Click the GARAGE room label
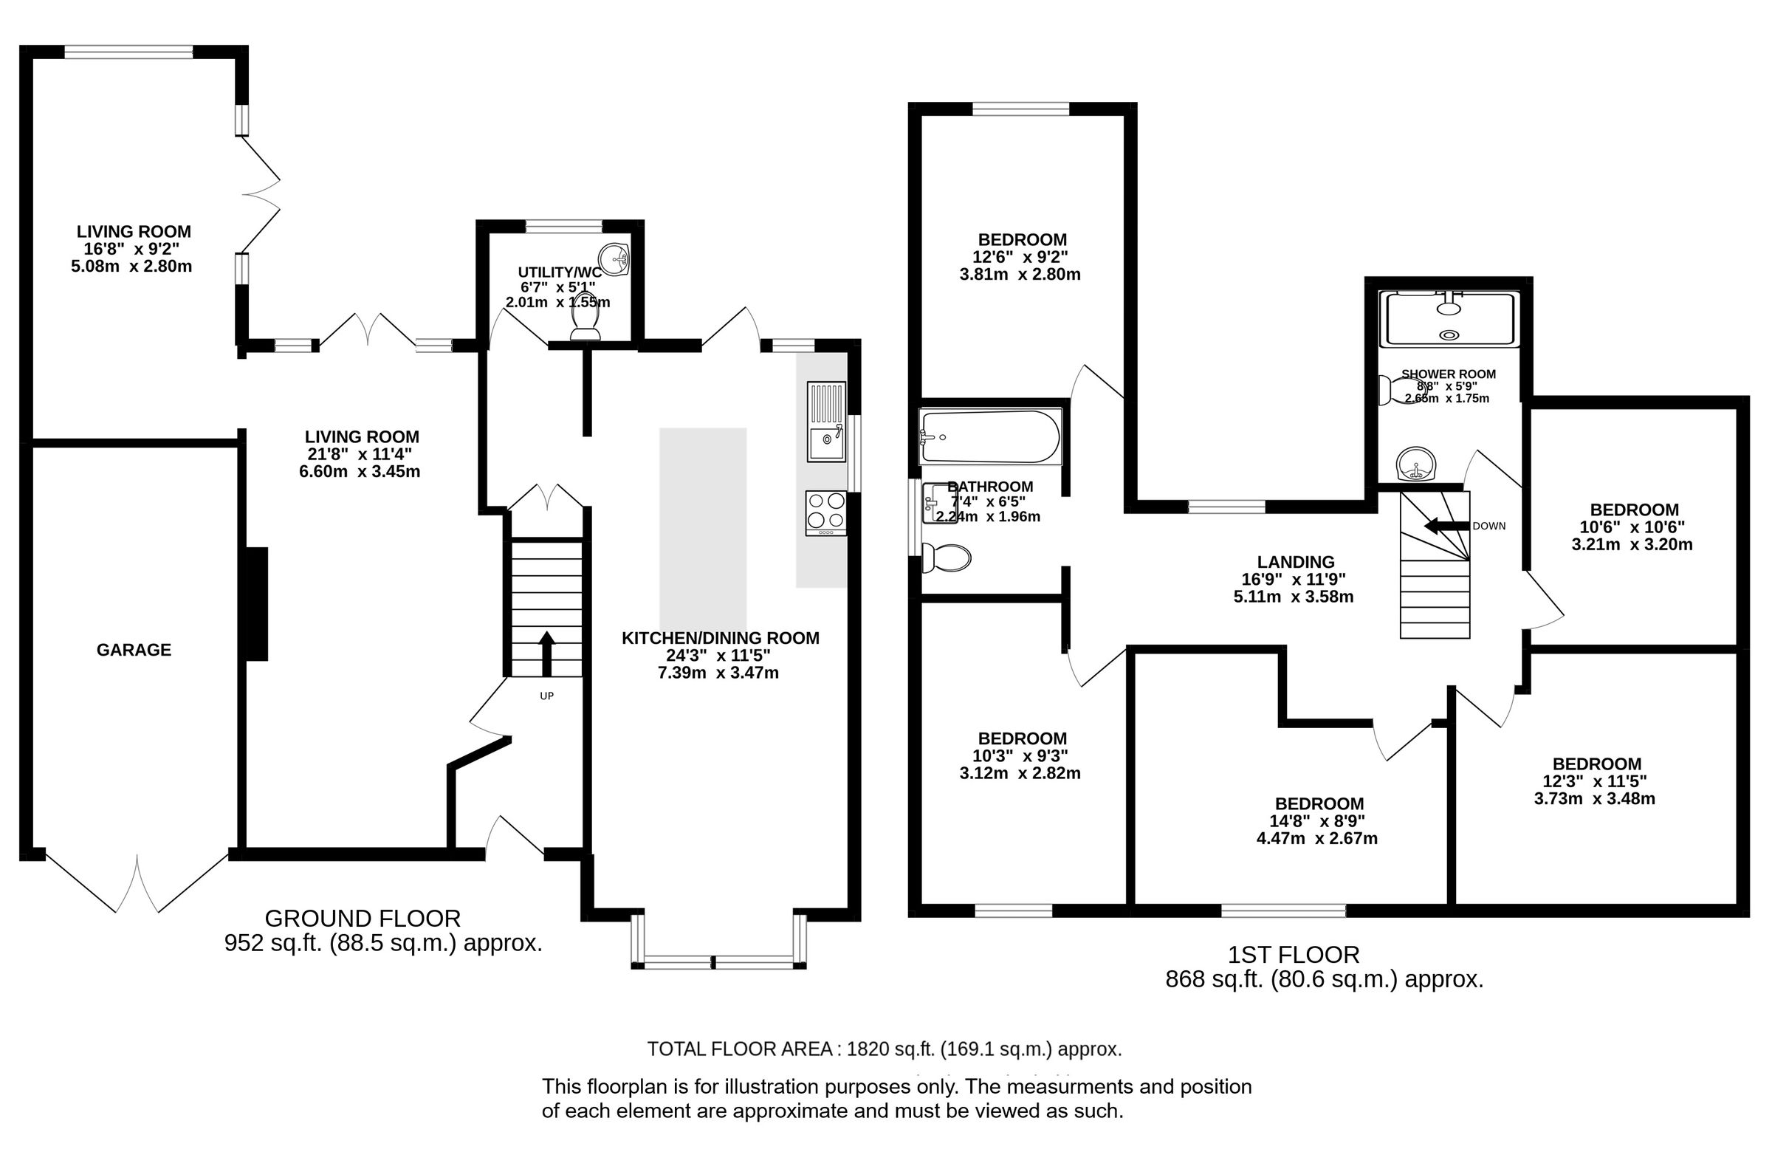(134, 650)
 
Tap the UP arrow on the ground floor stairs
(546, 652)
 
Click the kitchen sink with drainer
(825, 422)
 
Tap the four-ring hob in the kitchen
(825, 512)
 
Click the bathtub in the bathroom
(990, 437)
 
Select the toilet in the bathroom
(946, 558)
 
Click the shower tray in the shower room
(1447, 320)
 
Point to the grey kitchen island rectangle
(702, 529)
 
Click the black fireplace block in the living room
(257, 604)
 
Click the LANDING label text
(1296, 562)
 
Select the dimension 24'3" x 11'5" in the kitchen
(718, 655)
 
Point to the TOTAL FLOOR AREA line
(884, 1049)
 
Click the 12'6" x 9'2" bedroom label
(1021, 257)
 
